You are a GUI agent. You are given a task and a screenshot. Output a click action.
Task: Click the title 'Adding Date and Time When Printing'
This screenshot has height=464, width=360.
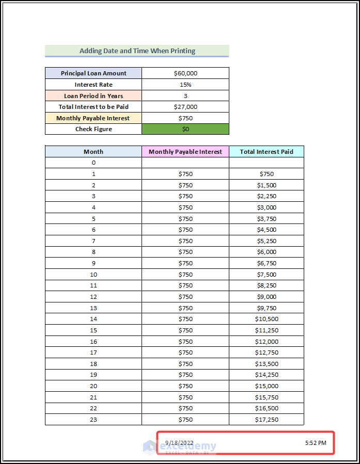click(x=137, y=51)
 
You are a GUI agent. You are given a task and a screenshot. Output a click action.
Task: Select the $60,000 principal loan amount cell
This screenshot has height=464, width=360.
click(x=185, y=73)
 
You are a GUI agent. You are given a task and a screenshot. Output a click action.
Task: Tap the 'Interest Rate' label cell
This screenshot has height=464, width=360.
click(x=93, y=85)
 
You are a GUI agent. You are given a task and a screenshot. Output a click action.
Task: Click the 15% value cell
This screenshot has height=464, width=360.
click(x=185, y=85)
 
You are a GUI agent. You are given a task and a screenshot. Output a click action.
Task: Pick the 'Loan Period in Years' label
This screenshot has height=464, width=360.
click(x=93, y=96)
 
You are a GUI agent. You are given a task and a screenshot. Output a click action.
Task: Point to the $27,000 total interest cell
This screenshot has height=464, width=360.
click(x=185, y=107)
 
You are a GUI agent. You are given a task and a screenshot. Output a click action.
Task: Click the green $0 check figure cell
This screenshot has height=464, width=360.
click(x=185, y=129)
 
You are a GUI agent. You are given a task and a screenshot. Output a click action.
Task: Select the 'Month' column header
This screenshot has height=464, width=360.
click(x=93, y=152)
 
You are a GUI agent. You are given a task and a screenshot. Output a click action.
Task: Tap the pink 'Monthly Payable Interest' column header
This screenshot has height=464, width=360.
click(x=185, y=152)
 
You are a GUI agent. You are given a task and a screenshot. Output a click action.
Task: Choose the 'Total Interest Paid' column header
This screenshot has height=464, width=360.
click(x=267, y=152)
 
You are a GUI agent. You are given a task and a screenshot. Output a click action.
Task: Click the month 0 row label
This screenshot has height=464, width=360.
click(x=93, y=163)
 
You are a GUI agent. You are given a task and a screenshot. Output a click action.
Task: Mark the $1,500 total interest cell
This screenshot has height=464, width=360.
click(x=267, y=185)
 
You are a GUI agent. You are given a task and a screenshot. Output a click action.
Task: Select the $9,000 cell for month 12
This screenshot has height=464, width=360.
click(x=267, y=297)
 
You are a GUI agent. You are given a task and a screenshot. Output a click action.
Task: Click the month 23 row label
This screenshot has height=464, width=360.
click(x=93, y=420)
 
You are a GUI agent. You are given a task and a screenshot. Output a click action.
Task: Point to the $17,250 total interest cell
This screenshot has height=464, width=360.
click(x=267, y=420)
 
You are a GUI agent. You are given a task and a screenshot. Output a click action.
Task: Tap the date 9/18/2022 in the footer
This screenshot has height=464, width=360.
click(x=179, y=442)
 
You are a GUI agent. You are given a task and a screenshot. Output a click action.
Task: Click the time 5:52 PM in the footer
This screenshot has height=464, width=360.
click(x=316, y=442)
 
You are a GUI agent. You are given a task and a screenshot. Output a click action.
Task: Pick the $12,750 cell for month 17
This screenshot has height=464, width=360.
click(x=267, y=353)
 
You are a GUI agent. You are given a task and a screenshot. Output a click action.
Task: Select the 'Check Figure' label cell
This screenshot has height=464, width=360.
click(x=93, y=129)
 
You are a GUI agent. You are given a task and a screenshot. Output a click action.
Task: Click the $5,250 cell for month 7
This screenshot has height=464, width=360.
click(x=267, y=241)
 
